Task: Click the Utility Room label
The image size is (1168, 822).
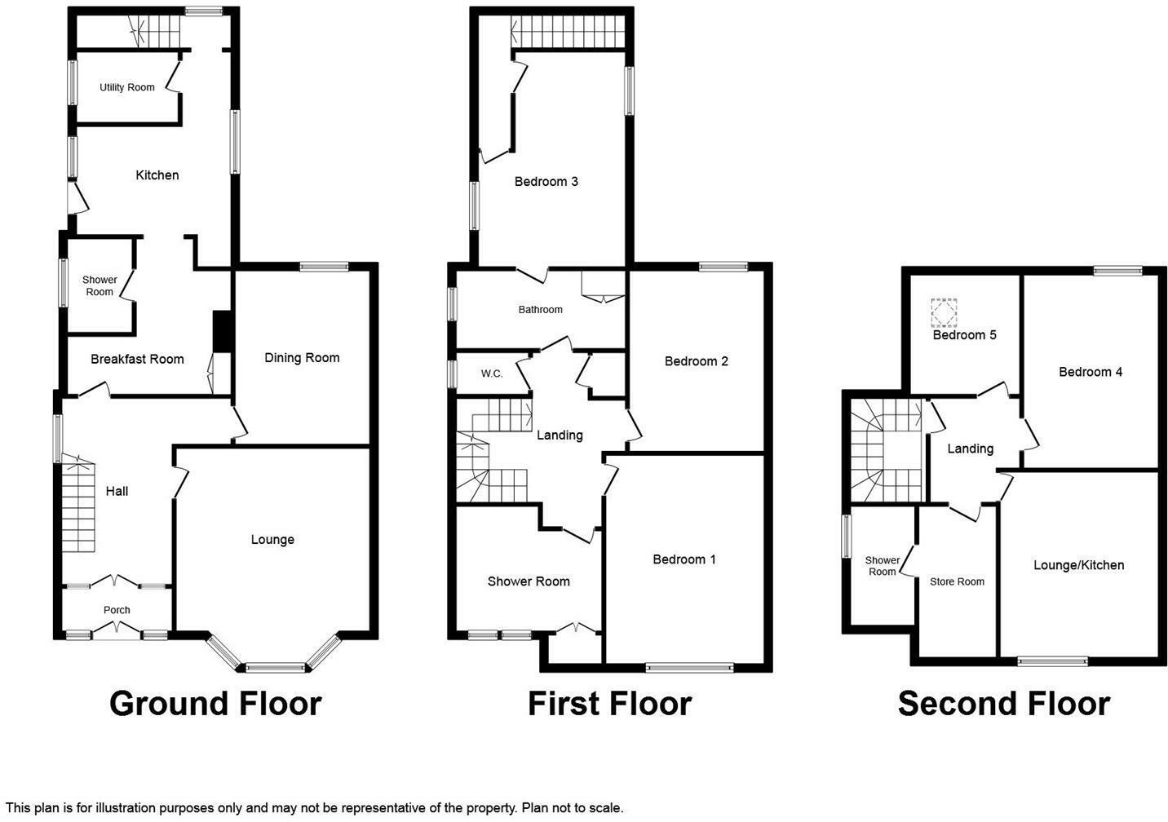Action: pos(126,87)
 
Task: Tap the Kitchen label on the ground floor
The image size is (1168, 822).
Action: pos(157,175)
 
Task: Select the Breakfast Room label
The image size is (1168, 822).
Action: pos(137,359)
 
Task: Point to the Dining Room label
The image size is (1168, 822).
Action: pos(302,358)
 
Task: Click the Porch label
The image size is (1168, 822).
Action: pos(117,610)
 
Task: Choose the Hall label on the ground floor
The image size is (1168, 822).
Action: pos(117,491)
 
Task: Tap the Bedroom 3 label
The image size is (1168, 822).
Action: pos(546,181)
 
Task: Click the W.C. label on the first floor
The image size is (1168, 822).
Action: pos(492,373)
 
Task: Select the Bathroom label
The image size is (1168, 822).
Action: pos(540,310)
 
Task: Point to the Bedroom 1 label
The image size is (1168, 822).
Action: pos(684,559)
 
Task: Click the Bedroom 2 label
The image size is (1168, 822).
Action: pos(696,361)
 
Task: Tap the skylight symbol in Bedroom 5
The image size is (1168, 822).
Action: pos(944,312)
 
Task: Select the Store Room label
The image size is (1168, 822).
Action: pos(957,581)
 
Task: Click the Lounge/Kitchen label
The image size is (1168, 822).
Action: pos(1078,565)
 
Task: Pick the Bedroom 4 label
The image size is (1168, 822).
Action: pos(1091,372)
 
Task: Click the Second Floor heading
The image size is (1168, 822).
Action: pos(1003,704)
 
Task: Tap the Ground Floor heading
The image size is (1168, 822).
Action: pos(215,704)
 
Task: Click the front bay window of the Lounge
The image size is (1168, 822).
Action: pos(276,668)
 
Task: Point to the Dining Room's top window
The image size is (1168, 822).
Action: pos(324,266)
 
